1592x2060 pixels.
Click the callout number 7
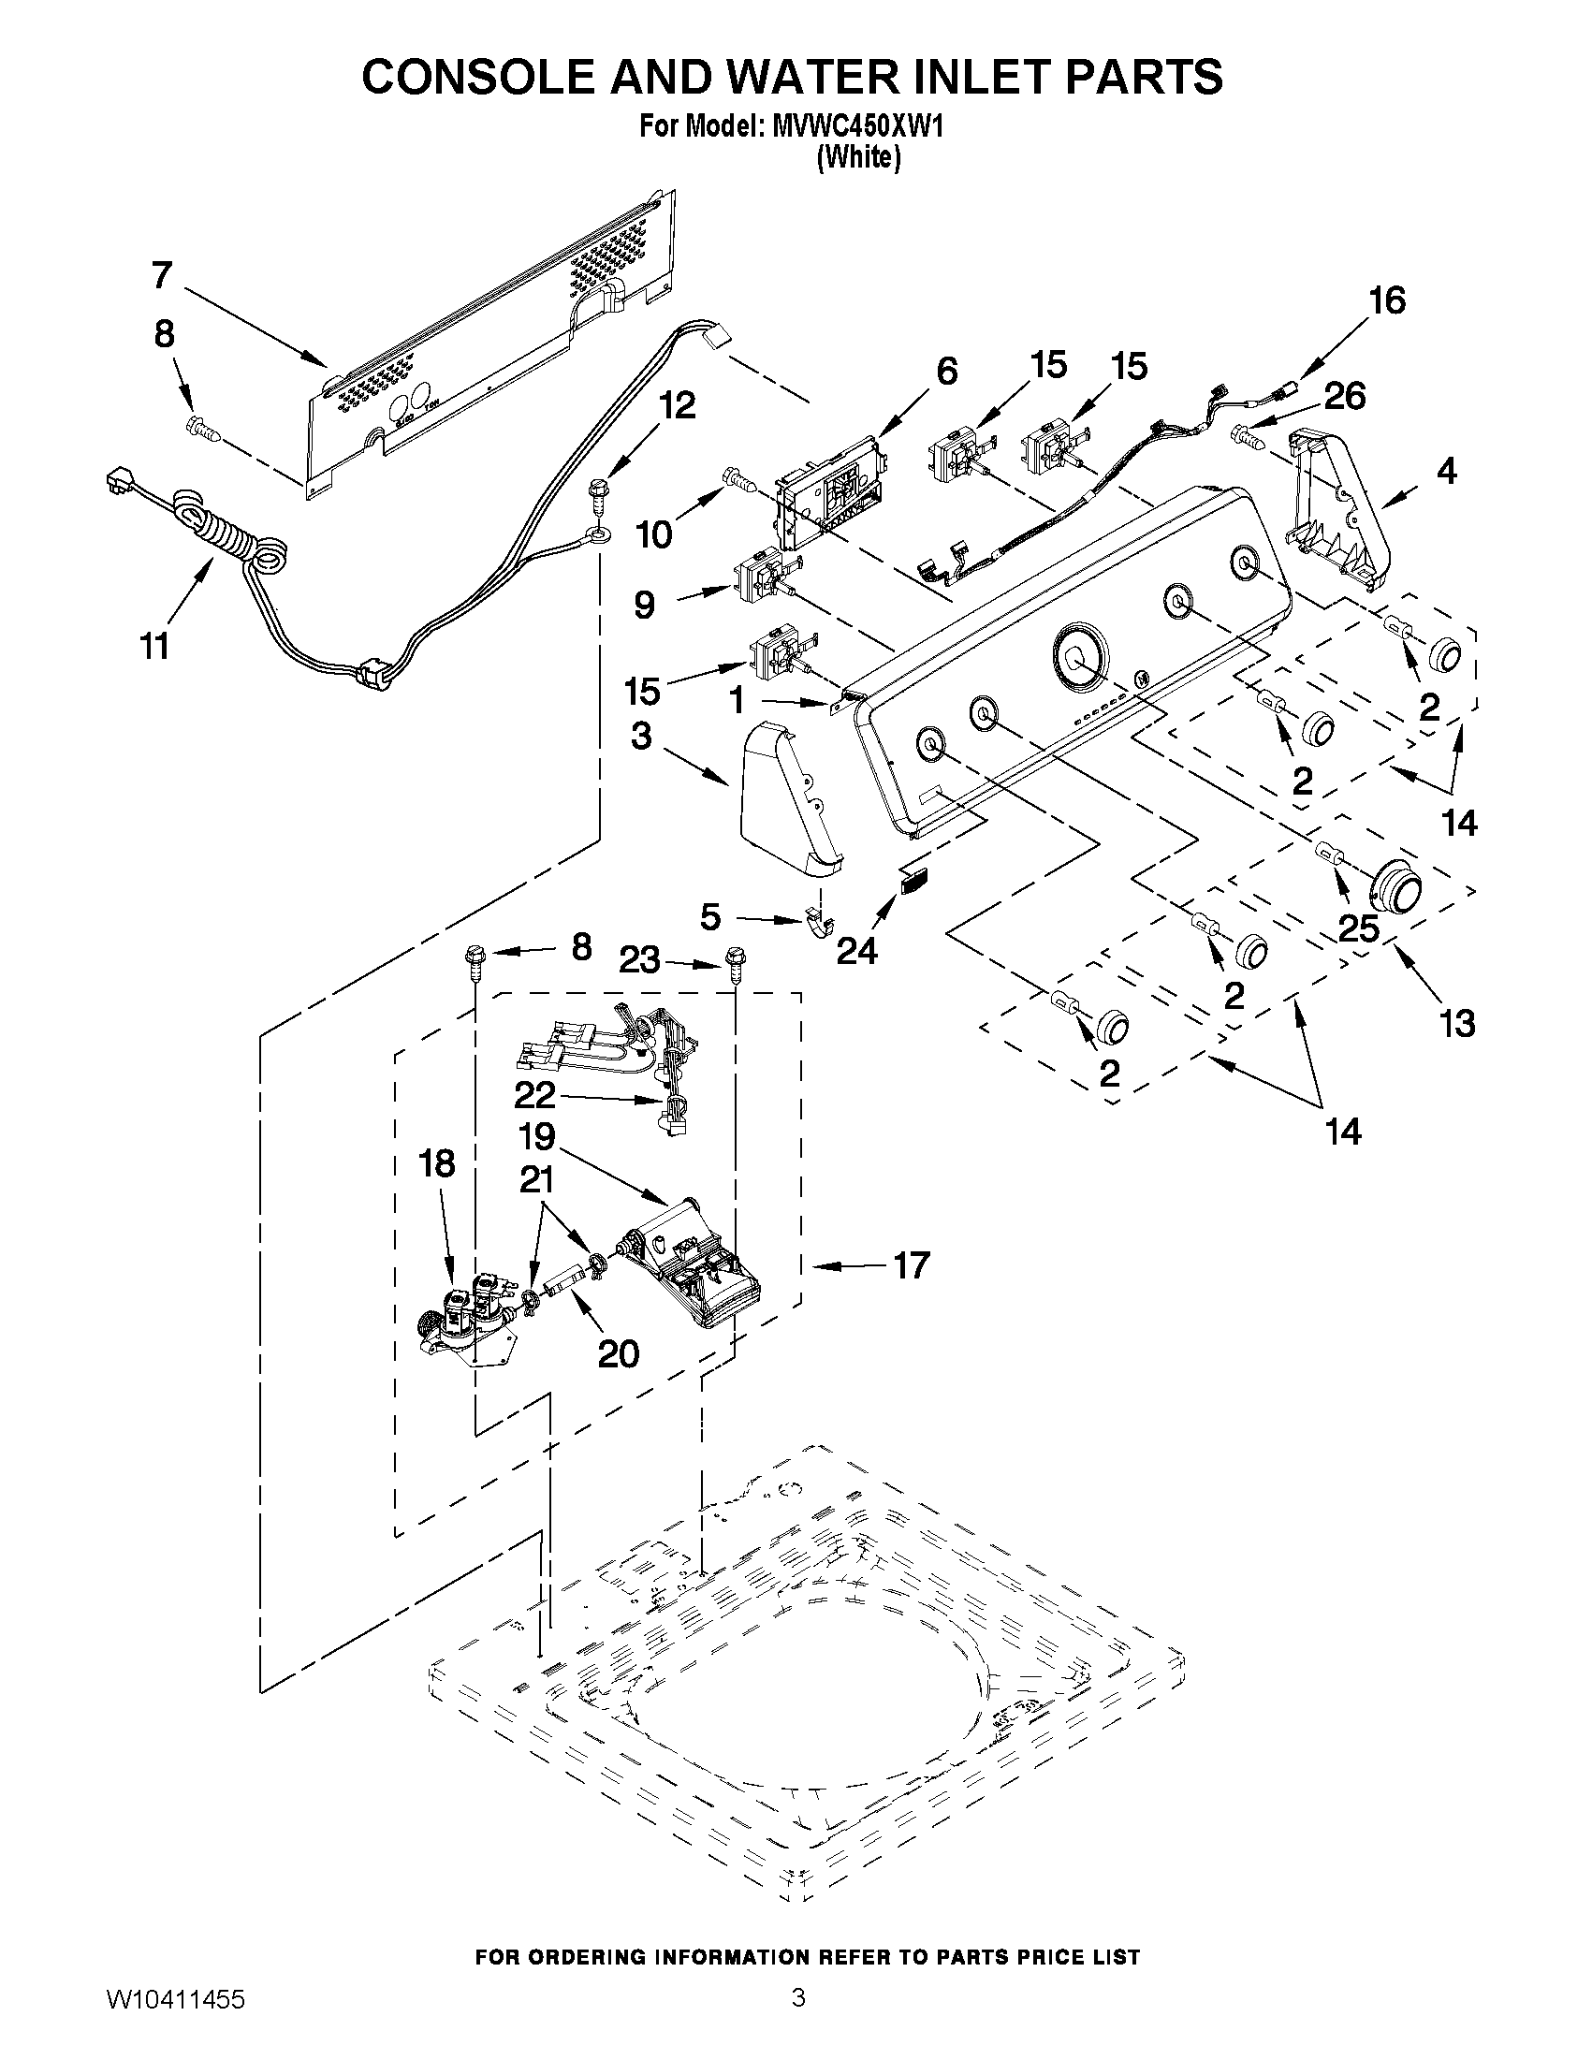point(162,275)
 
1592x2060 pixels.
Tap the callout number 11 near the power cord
point(154,646)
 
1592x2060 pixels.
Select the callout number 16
point(1386,300)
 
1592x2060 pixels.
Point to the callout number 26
point(1344,396)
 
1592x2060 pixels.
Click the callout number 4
point(1446,470)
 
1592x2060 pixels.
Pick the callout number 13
point(1456,1022)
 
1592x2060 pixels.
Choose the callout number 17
point(911,1265)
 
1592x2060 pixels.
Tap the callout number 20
point(619,1354)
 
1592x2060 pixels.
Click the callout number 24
point(856,951)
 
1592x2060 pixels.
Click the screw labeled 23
point(734,964)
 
